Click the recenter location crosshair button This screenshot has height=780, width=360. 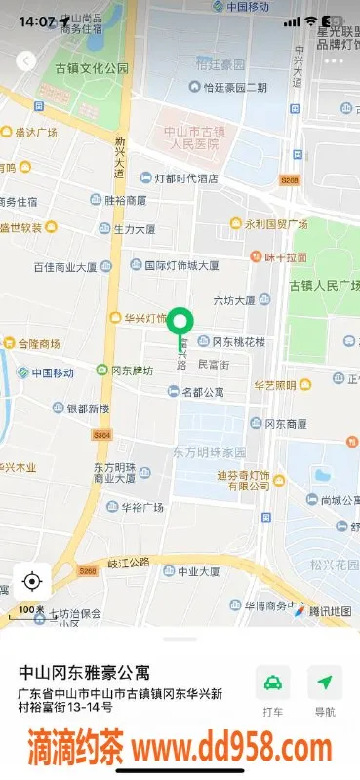coord(31,582)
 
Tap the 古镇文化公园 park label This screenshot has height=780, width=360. coord(92,68)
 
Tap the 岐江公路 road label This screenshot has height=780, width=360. coord(129,562)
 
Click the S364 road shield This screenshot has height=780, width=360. coord(102,435)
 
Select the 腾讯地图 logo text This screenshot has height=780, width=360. coord(329,611)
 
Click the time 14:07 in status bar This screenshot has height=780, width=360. coord(36,20)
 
